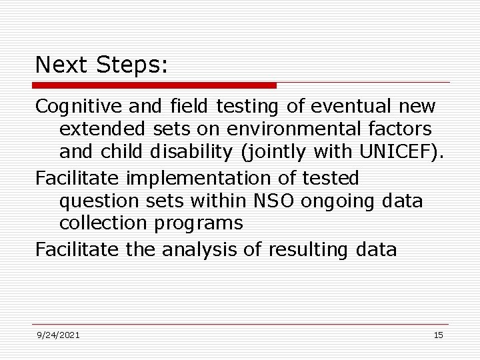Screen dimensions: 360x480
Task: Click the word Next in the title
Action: [x=63, y=65]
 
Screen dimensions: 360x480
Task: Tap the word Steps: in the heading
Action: [x=133, y=65]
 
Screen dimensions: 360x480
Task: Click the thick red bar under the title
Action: [x=154, y=85]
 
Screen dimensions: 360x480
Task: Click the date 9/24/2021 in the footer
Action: [x=58, y=335]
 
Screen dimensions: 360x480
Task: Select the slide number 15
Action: [x=438, y=335]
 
